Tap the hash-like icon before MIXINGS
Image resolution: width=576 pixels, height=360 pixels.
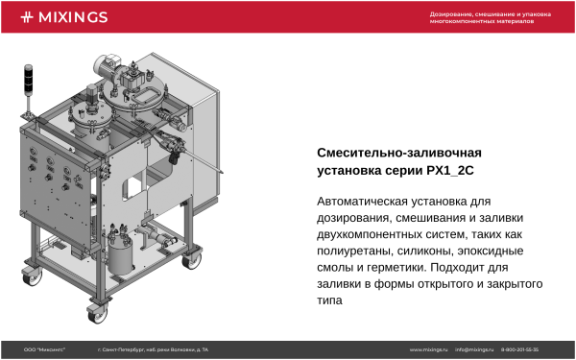27,16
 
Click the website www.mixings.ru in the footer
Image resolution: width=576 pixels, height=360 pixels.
429,349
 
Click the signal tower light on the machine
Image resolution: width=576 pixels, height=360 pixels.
29,77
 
